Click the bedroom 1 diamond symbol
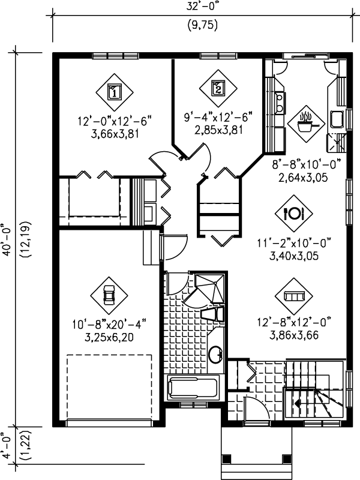tap(114, 92)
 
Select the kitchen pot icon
tap(306, 122)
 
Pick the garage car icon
tap(109, 295)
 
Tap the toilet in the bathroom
tap(213, 316)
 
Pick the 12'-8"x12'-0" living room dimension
tap(295, 320)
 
